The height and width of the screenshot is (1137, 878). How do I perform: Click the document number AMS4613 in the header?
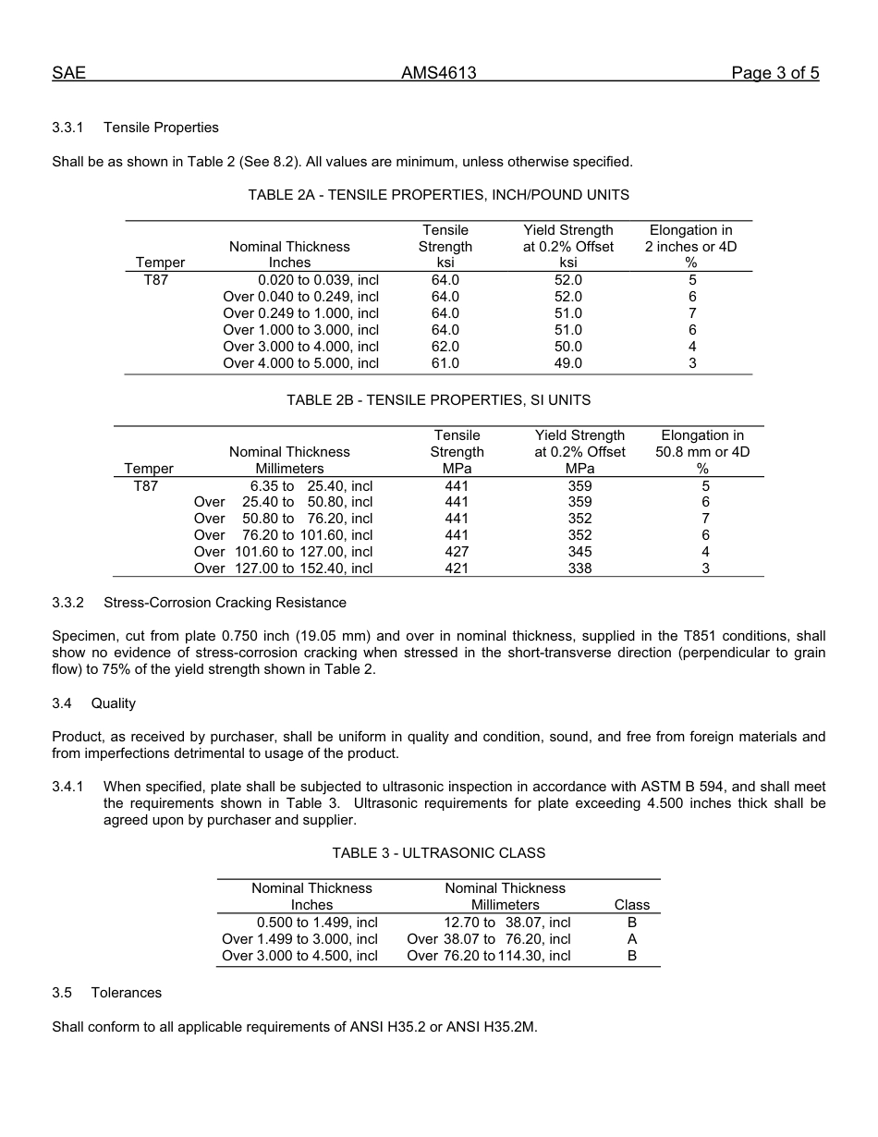(438, 73)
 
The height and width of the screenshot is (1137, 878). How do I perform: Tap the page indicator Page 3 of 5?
(774, 73)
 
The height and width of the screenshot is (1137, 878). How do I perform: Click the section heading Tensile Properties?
(161, 128)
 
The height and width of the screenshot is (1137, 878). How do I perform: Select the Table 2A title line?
(438, 195)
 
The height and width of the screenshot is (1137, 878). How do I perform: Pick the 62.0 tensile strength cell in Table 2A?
(445, 347)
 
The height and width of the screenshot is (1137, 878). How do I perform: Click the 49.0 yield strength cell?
(567, 363)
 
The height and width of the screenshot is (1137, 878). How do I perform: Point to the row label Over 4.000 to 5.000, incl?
(300, 363)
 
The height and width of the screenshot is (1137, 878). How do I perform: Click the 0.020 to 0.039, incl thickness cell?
(318, 280)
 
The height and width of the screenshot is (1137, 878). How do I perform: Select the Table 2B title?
(438, 400)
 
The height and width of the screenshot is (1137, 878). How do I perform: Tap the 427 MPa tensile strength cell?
(457, 552)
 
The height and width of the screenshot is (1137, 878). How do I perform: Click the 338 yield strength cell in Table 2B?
(579, 568)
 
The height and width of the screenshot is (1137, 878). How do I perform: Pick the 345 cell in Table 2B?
(579, 552)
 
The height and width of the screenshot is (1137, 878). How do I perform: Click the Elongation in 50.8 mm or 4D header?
(702, 452)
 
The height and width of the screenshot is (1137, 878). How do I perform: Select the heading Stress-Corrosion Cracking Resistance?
(225, 603)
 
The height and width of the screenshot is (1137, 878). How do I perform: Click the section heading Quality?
(113, 703)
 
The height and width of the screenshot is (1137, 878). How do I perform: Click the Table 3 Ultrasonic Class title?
(438, 853)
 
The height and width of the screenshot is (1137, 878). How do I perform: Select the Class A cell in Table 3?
(631, 939)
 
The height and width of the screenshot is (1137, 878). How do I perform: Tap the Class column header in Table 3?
(631, 905)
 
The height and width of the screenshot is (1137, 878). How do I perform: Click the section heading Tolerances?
(126, 993)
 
